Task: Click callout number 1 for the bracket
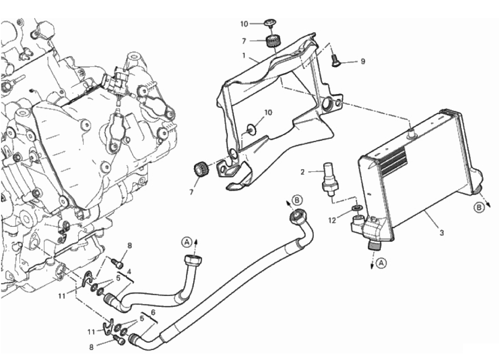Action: click(x=244, y=55)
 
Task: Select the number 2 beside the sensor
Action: click(x=303, y=172)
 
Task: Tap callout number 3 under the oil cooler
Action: click(x=442, y=233)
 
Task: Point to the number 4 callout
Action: click(x=129, y=272)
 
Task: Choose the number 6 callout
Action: click(x=153, y=312)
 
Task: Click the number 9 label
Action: click(x=363, y=61)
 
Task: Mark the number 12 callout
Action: click(x=332, y=220)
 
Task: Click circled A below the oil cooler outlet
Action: click(x=382, y=263)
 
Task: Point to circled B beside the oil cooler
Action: click(x=479, y=208)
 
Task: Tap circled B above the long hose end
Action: click(x=297, y=200)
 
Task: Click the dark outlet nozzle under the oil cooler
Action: click(x=373, y=246)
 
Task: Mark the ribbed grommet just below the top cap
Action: click(x=274, y=42)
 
